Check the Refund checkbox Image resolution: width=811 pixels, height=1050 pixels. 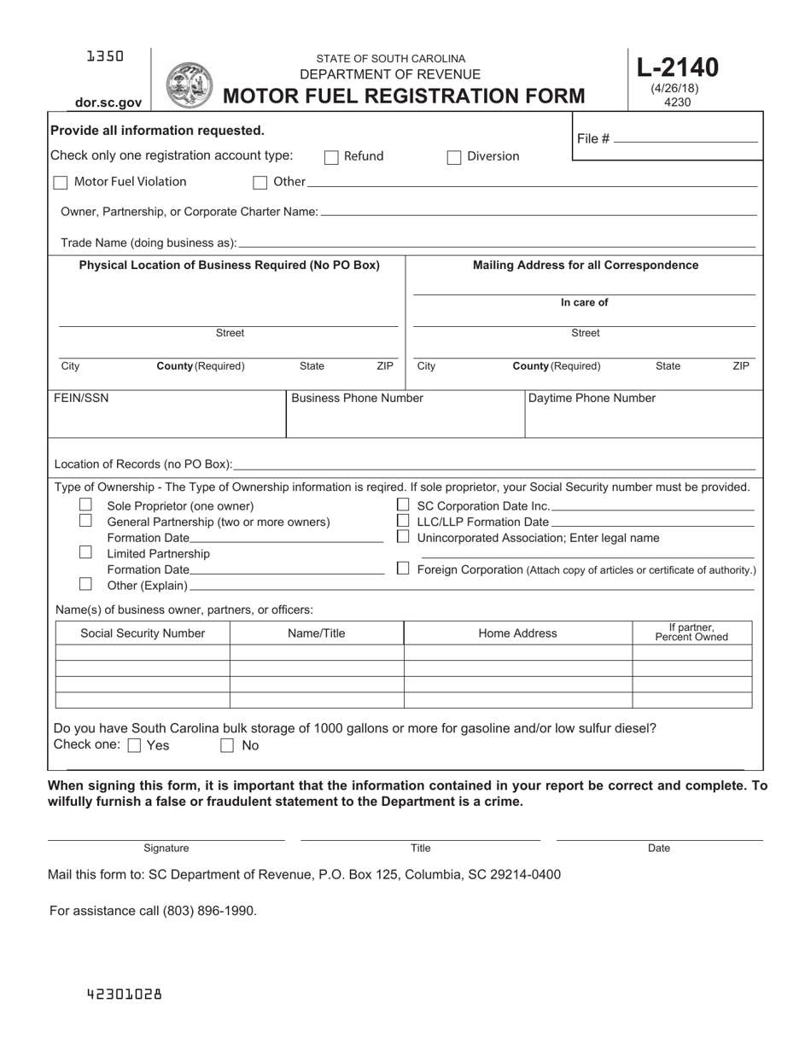click(331, 156)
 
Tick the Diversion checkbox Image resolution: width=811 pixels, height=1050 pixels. click(454, 156)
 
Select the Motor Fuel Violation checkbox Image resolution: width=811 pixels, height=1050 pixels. click(60, 182)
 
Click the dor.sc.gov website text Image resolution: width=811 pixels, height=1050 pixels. click(108, 102)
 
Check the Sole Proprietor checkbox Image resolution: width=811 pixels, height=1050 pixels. click(85, 505)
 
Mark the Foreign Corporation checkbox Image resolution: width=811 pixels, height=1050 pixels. click(403, 569)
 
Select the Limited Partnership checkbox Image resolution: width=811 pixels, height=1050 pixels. click(85, 552)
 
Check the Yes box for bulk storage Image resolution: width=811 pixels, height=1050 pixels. click(134, 745)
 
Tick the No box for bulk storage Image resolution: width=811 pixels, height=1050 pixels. click(227, 745)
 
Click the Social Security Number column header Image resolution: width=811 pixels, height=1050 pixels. click(143, 633)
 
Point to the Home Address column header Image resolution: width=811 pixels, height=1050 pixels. click(517, 633)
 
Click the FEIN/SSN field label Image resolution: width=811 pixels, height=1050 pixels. click(82, 398)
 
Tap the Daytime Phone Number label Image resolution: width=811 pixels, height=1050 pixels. click(592, 398)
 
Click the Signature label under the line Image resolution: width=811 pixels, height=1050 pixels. click(166, 848)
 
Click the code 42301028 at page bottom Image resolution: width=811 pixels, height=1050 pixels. click(124, 995)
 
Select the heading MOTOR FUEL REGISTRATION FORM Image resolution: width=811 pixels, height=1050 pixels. click(404, 96)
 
